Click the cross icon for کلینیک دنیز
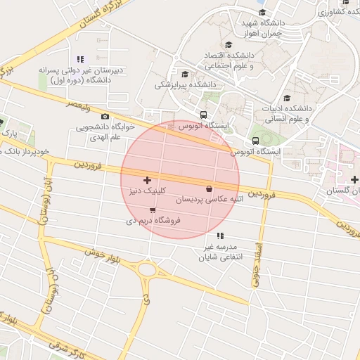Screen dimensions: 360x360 coord(147,181)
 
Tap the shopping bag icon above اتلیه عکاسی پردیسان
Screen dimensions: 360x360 coord(209,188)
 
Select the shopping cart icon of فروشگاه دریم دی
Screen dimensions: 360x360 coord(153,210)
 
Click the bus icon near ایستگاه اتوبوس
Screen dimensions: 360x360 coord(203,115)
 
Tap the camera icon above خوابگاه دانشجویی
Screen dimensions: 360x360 coord(105,117)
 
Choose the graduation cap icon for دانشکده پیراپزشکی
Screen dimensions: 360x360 coord(185,74)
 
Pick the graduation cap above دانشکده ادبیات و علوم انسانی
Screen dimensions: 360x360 coord(286,98)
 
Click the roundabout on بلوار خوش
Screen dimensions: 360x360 coord(147,270)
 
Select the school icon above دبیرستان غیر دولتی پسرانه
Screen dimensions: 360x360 coord(80,60)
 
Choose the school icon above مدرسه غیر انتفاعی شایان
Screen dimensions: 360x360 coord(220,236)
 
